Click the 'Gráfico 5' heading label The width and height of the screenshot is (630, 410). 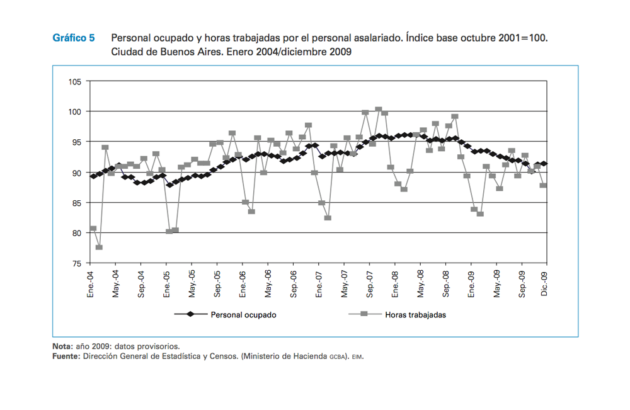click(73, 38)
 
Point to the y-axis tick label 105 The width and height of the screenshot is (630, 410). click(75, 81)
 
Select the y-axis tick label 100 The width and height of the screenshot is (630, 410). click(75, 111)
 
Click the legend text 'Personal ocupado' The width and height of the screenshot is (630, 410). click(244, 314)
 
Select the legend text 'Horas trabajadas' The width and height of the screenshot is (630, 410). click(415, 314)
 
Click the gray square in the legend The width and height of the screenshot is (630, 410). click(364, 314)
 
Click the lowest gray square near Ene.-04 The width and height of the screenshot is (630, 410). click(100, 247)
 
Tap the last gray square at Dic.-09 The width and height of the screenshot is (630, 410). click(543, 185)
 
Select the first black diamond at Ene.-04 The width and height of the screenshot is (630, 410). click(93, 176)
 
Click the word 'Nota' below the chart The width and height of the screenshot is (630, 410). click(62, 346)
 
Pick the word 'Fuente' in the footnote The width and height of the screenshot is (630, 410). click(66, 356)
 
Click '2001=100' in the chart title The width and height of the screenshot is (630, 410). click(521, 38)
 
